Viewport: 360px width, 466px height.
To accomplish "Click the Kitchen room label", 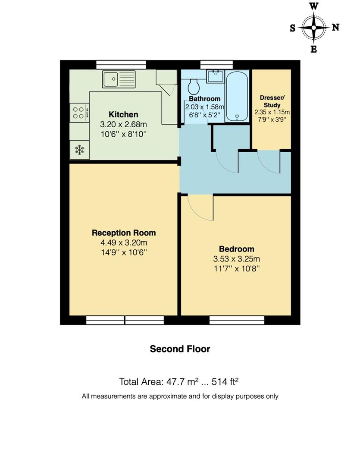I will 123,114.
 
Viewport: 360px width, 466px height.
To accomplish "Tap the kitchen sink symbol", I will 119,79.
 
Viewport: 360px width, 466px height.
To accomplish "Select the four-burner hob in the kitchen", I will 78,113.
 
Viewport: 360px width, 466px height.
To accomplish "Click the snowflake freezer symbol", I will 79,150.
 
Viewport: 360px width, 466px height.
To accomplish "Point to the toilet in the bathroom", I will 194,87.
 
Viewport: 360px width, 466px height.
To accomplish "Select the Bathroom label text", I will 204,99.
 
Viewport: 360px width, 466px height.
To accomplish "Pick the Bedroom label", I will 236,249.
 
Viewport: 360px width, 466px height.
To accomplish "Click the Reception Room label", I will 124,233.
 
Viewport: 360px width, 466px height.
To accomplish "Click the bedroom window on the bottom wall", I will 237,320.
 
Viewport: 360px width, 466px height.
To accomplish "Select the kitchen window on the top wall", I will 121,64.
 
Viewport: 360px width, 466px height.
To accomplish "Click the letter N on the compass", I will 335,27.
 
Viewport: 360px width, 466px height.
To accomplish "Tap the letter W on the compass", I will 314,6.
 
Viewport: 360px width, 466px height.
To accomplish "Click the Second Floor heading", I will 180,349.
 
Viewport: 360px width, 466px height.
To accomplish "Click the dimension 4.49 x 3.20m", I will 124,243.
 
